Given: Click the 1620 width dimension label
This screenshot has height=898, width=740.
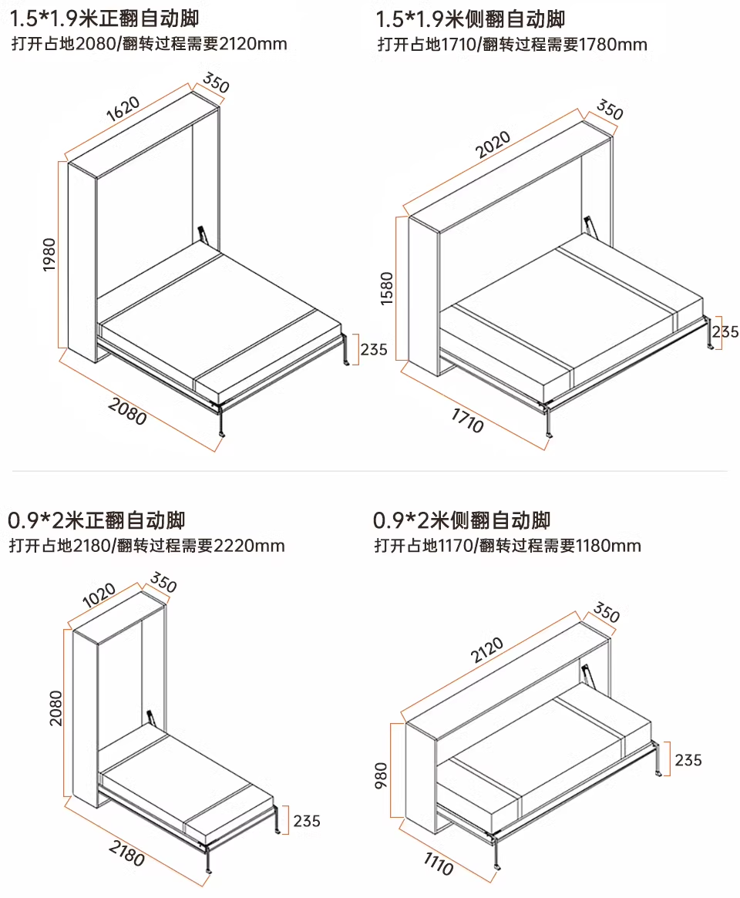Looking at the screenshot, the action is pyautogui.click(x=123, y=109).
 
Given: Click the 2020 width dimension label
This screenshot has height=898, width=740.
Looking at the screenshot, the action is pyautogui.click(x=493, y=145).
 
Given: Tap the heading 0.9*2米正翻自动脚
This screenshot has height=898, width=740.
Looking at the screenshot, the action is pyautogui.click(x=96, y=520).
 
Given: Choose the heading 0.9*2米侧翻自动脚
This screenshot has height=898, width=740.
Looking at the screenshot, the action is pyautogui.click(x=462, y=520).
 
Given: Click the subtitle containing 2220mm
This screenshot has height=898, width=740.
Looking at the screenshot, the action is pyautogui.click(x=146, y=547).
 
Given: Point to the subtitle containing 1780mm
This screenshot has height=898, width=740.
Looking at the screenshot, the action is pyautogui.click(x=512, y=45).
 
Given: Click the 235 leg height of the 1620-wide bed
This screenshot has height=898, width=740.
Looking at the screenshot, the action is pyautogui.click(x=373, y=349).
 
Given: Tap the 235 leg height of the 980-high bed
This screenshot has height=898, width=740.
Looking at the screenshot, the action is pyautogui.click(x=688, y=760).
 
